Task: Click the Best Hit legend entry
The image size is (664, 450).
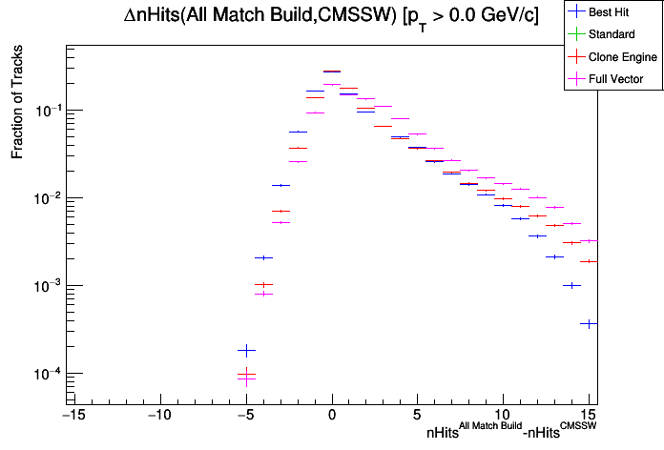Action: click(x=614, y=13)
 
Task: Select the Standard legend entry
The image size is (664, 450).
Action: click(x=614, y=35)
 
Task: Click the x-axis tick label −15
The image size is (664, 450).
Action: click(x=72, y=416)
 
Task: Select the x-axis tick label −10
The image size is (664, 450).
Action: click(x=158, y=416)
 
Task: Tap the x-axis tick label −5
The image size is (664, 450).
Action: click(x=244, y=416)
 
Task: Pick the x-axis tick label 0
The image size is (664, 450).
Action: click(x=331, y=416)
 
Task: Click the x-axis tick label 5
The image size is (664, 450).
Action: click(x=417, y=416)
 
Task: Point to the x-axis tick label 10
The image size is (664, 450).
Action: click(x=503, y=416)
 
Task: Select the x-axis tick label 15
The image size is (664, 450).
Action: click(x=590, y=416)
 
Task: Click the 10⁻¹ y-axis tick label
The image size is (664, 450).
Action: click(x=46, y=111)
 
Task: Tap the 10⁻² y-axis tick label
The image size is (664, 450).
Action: click(x=46, y=198)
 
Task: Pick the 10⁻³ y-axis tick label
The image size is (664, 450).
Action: click(x=46, y=286)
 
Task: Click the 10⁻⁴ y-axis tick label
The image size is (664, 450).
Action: click(x=46, y=374)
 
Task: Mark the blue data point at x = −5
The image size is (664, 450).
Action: click(x=246, y=351)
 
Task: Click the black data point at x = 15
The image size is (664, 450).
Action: click(x=589, y=324)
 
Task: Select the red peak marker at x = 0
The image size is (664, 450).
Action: click(x=332, y=72)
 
